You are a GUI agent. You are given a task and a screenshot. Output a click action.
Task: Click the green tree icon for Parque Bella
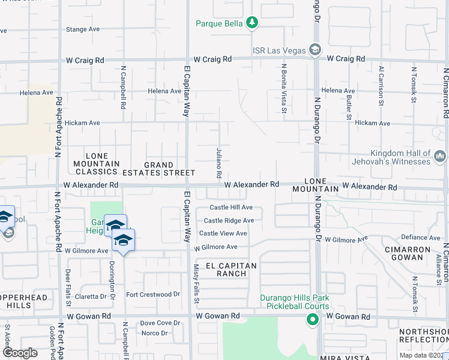[x=253, y=23]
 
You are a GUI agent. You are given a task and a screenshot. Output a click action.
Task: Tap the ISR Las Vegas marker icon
[x=315, y=50]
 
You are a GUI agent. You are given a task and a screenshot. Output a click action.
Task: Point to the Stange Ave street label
[x=83, y=29]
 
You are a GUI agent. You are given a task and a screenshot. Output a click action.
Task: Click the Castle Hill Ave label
[x=231, y=208]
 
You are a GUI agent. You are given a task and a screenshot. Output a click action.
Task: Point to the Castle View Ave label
[x=223, y=233]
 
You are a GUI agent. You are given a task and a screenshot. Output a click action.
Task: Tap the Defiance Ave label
[x=421, y=238]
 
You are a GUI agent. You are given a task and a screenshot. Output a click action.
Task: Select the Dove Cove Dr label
[x=160, y=323]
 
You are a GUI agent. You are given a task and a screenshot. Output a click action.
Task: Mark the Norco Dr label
[x=154, y=333]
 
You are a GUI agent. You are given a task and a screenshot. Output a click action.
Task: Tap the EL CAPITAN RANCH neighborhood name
[x=231, y=269]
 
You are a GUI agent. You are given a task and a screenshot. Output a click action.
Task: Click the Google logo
[x=20, y=353]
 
